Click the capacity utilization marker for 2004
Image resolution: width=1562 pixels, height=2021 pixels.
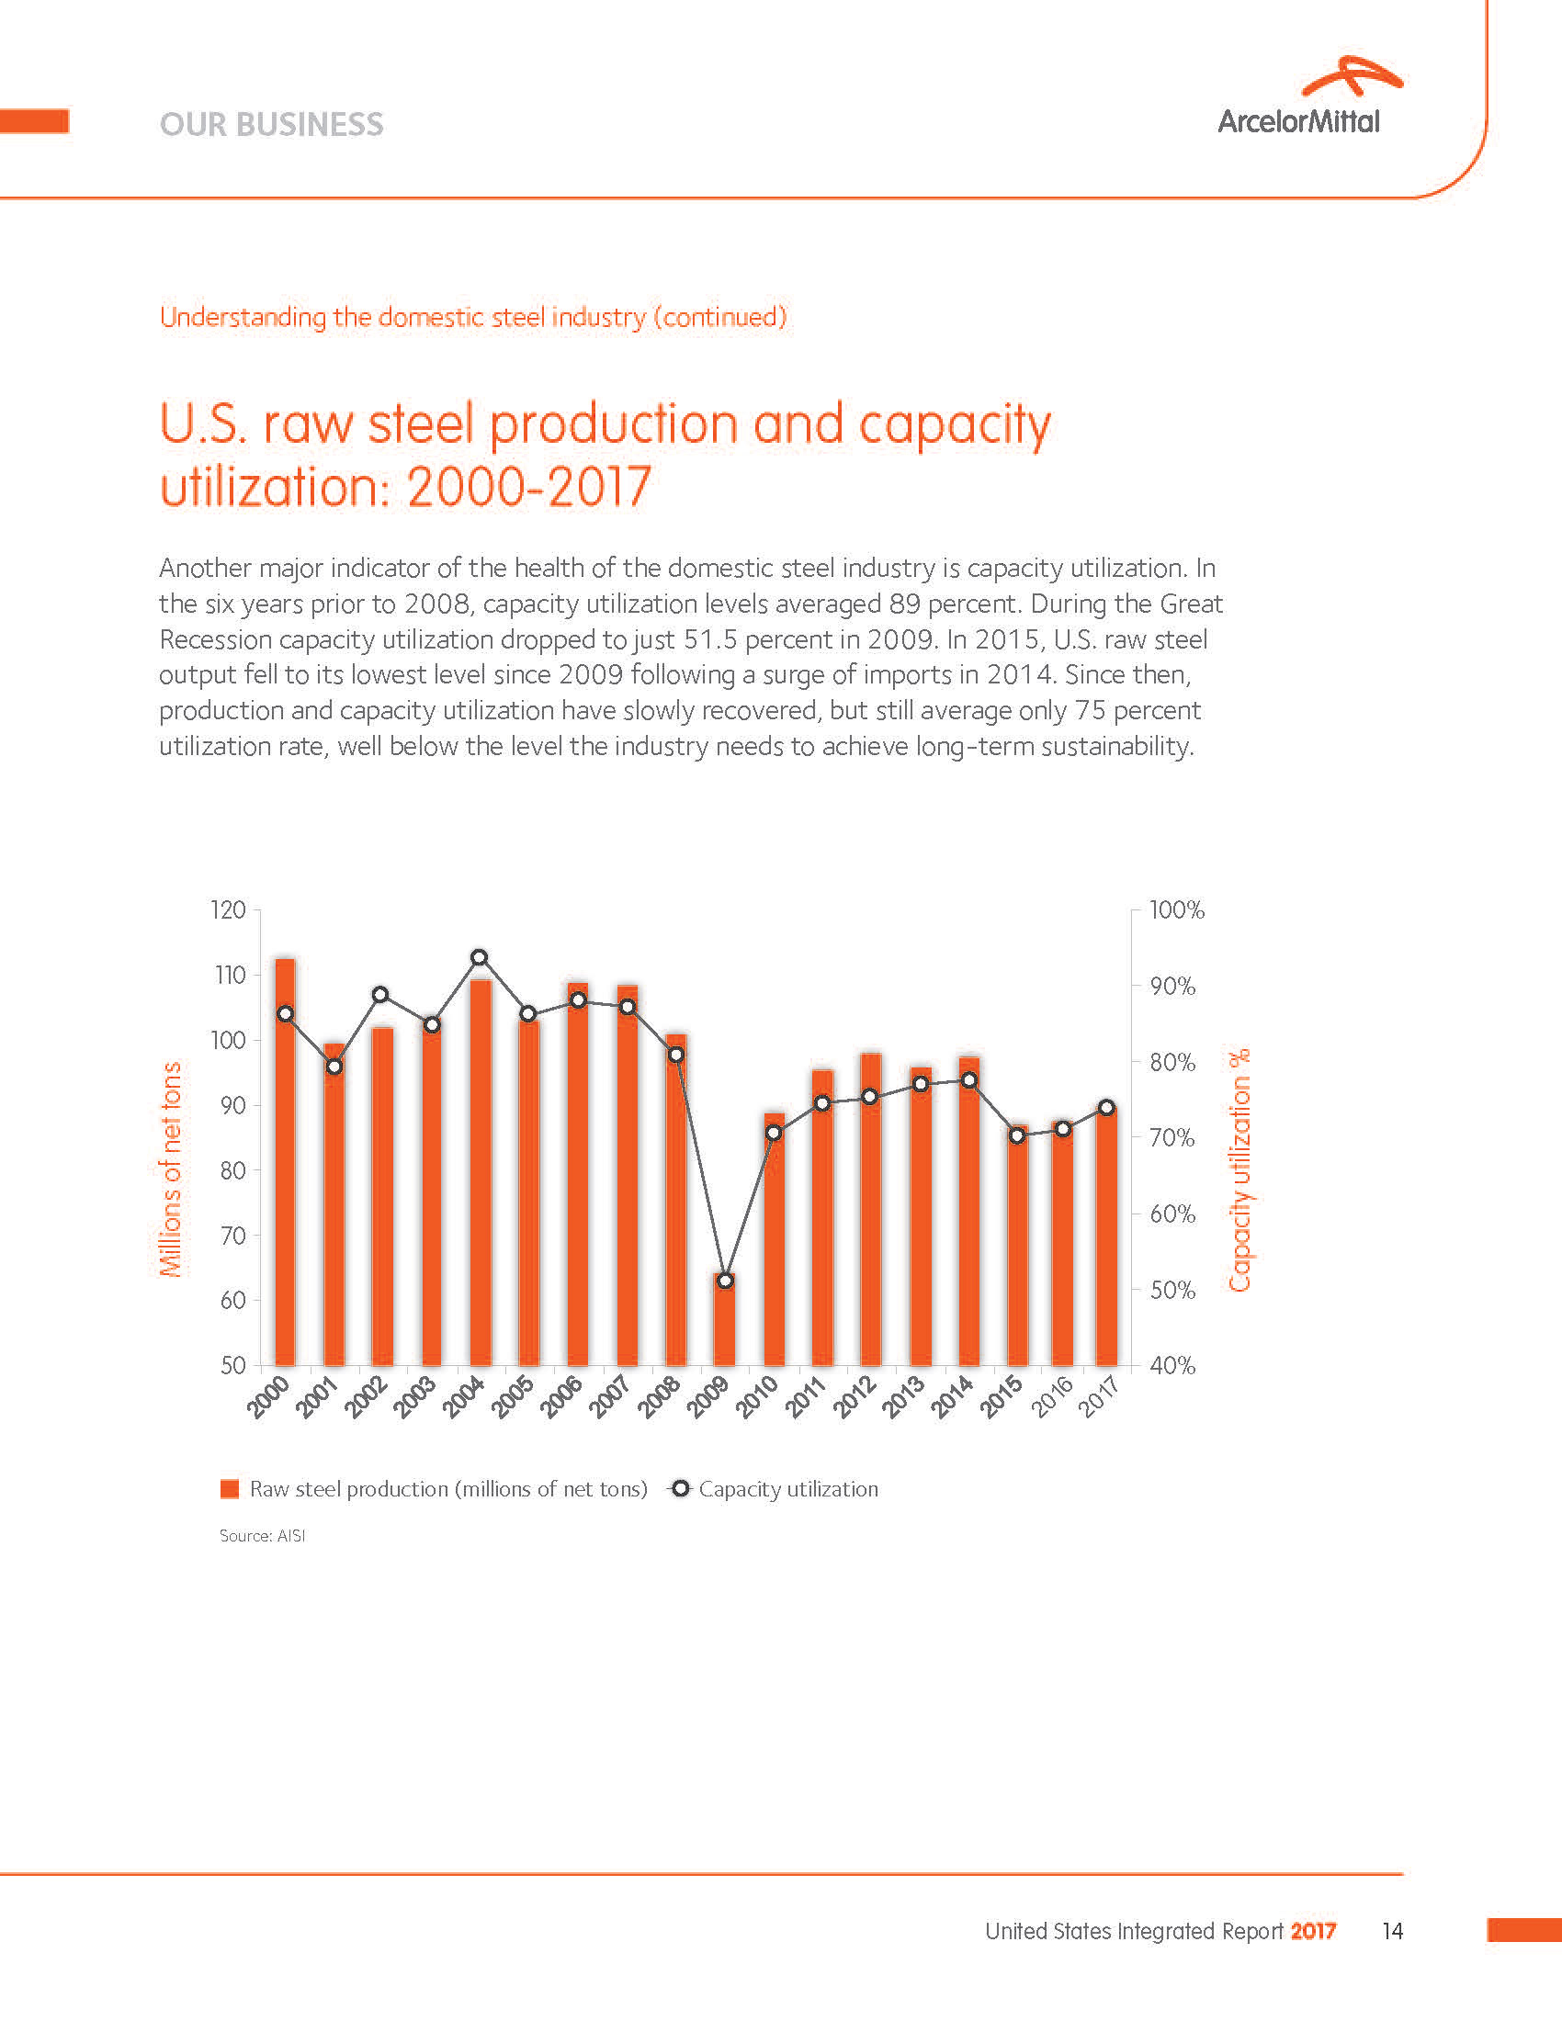(480, 957)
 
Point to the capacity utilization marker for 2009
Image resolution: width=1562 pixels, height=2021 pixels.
(726, 1281)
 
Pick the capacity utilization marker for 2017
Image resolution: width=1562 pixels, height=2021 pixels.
(1105, 1108)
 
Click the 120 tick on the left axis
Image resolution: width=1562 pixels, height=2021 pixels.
(228, 909)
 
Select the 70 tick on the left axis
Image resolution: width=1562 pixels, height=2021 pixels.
(232, 1236)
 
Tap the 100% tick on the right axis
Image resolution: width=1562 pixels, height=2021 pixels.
(1176, 910)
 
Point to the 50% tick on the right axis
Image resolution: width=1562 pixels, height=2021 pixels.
(1172, 1290)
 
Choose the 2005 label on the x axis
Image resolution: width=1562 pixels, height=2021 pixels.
(512, 1396)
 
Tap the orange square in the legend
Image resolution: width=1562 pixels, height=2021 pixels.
(230, 1489)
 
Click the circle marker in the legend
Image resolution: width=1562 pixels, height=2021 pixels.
(680, 1488)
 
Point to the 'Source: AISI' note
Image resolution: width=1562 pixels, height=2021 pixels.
(262, 1535)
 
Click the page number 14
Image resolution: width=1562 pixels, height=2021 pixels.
(1392, 1931)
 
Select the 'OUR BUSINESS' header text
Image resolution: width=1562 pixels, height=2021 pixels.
(271, 124)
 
